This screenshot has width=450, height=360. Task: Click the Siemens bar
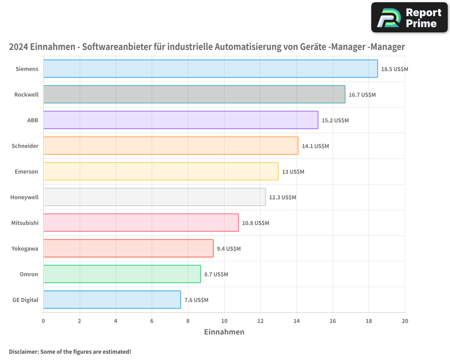[210, 69]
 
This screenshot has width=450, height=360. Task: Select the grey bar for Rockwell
[194, 94]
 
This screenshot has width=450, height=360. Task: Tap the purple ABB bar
[180, 120]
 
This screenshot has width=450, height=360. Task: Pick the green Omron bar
[122, 274]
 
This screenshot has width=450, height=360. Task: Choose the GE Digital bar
[112, 300]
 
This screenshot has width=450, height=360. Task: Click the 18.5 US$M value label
[394, 69]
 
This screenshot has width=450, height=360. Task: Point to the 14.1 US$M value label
[315, 146]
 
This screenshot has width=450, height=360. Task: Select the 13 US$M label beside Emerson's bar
[293, 172]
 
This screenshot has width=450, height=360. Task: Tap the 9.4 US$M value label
[229, 249]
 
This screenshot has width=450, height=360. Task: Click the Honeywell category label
[24, 198]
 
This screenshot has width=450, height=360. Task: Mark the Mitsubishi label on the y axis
[25, 223]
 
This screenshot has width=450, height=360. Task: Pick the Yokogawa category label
[25, 249]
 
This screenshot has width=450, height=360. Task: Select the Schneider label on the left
[25, 146]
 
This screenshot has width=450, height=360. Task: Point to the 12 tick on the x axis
[260, 321]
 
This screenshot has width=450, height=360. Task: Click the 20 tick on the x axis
[405, 321]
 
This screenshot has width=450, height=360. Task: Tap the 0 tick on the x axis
[43, 321]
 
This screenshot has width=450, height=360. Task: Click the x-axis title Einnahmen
[224, 332]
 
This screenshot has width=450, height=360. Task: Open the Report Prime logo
[409, 18]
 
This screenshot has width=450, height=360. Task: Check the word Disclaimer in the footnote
[23, 351]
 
